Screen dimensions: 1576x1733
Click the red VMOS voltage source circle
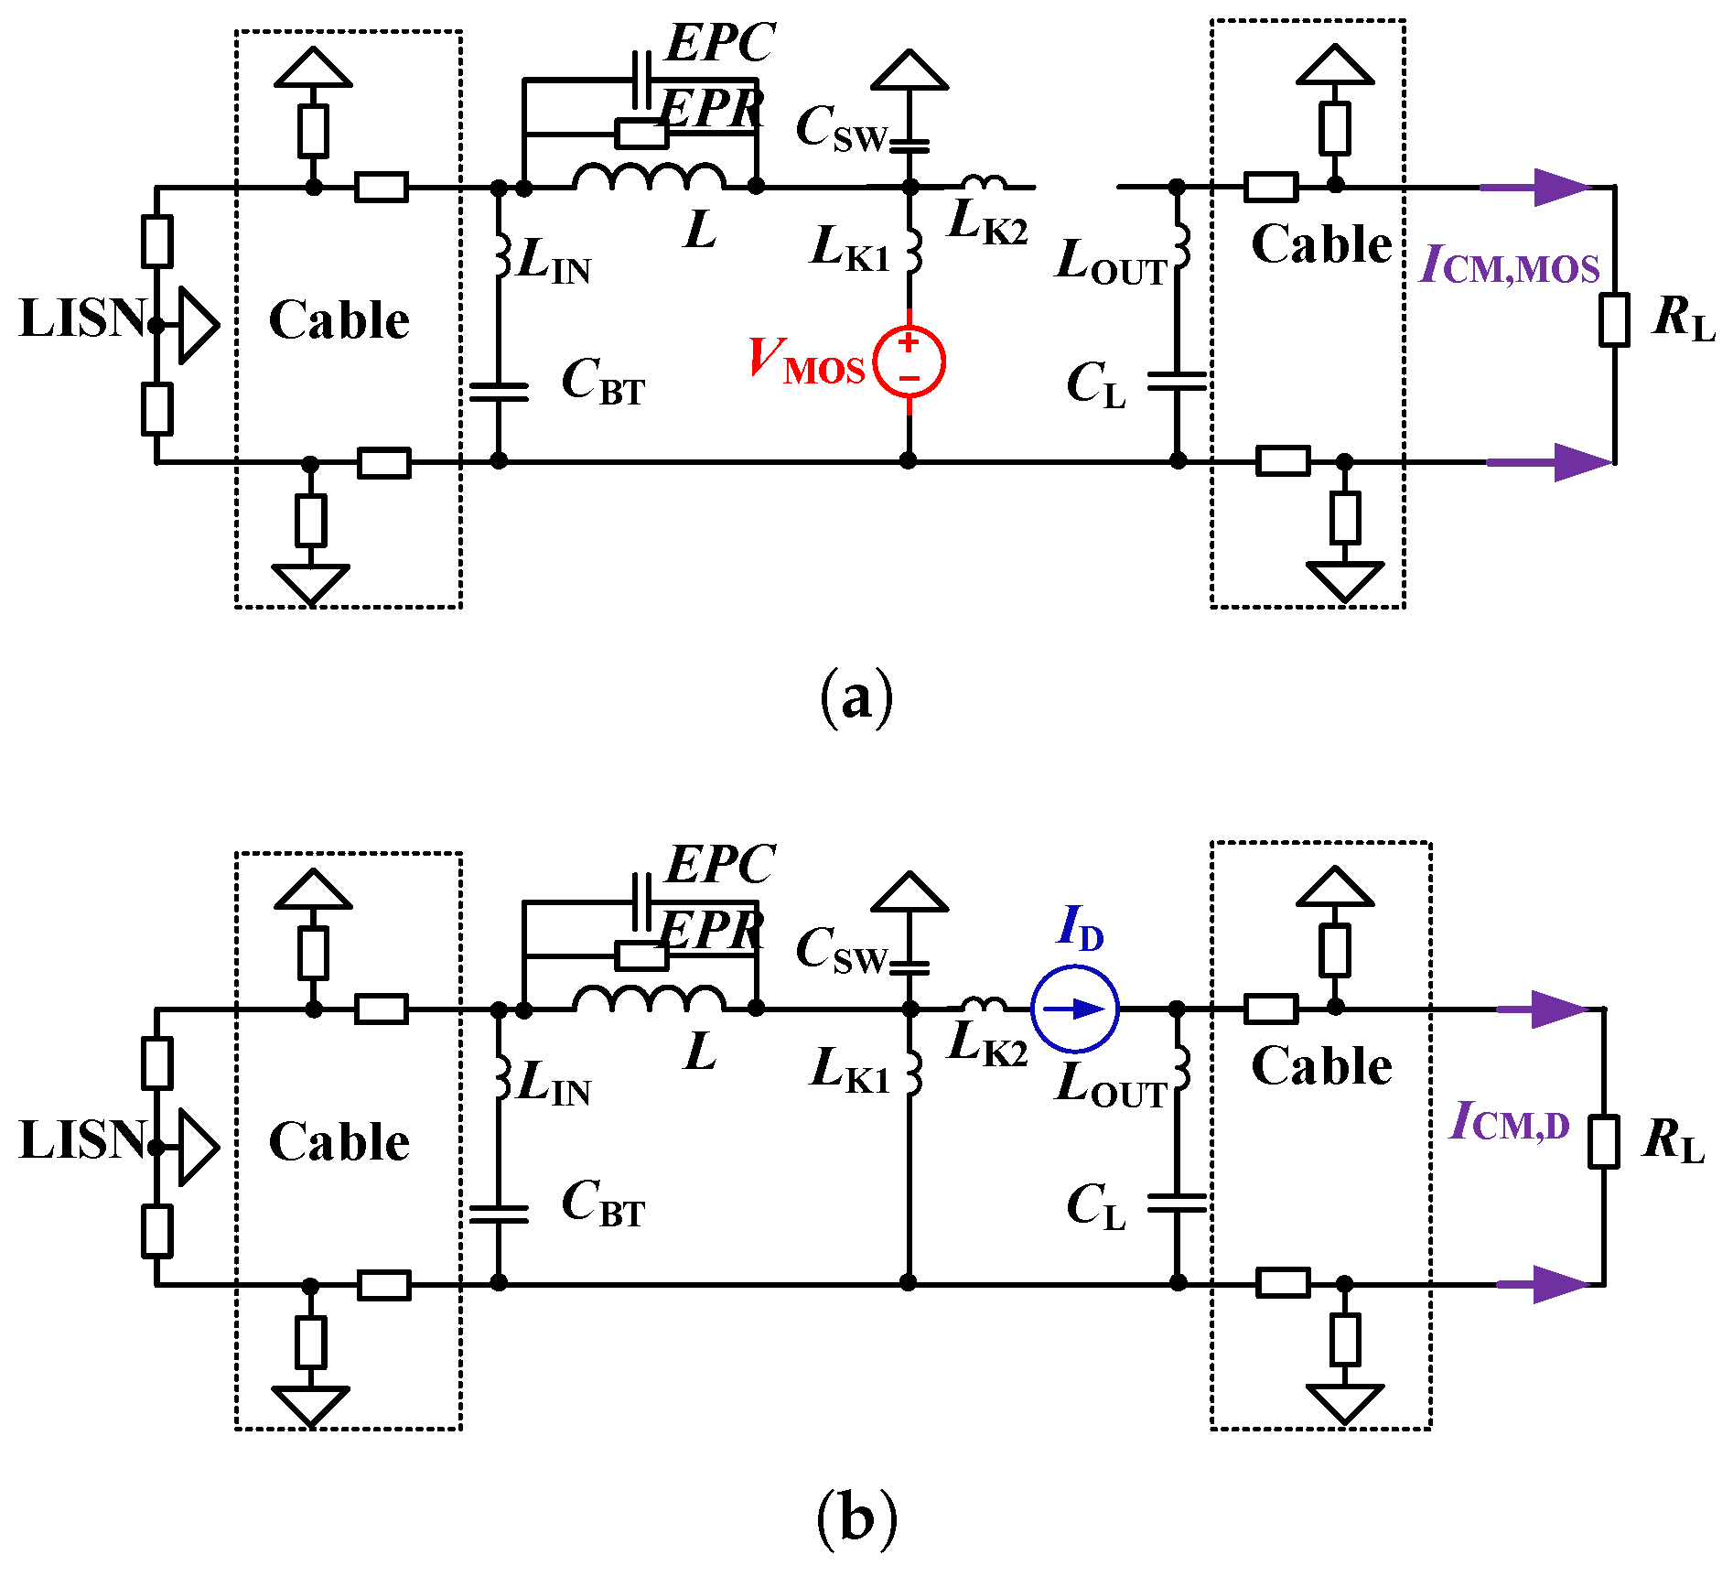point(909,362)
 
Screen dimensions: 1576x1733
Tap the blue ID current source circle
point(1074,1009)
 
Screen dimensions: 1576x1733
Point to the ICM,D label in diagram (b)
point(1510,1122)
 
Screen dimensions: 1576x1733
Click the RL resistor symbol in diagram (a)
point(1614,319)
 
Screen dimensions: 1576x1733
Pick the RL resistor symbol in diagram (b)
point(1603,1141)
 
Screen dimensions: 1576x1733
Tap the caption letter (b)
point(856,1520)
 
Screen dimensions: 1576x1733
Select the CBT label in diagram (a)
point(603,381)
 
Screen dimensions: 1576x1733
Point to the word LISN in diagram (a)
point(82,318)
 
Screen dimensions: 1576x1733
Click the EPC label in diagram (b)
point(720,864)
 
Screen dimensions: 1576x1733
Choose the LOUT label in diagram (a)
point(1111,263)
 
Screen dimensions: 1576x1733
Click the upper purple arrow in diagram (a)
point(1537,188)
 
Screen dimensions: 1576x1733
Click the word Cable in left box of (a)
point(339,320)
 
